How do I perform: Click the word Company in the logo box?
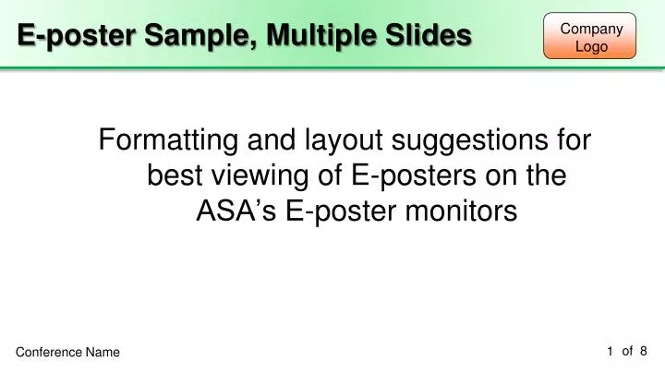[591, 29]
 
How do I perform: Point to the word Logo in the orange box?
[591, 46]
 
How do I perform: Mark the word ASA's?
[236, 211]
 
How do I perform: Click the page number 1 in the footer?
[611, 350]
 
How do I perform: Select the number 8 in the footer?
[643, 350]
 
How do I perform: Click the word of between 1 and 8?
[627, 350]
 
